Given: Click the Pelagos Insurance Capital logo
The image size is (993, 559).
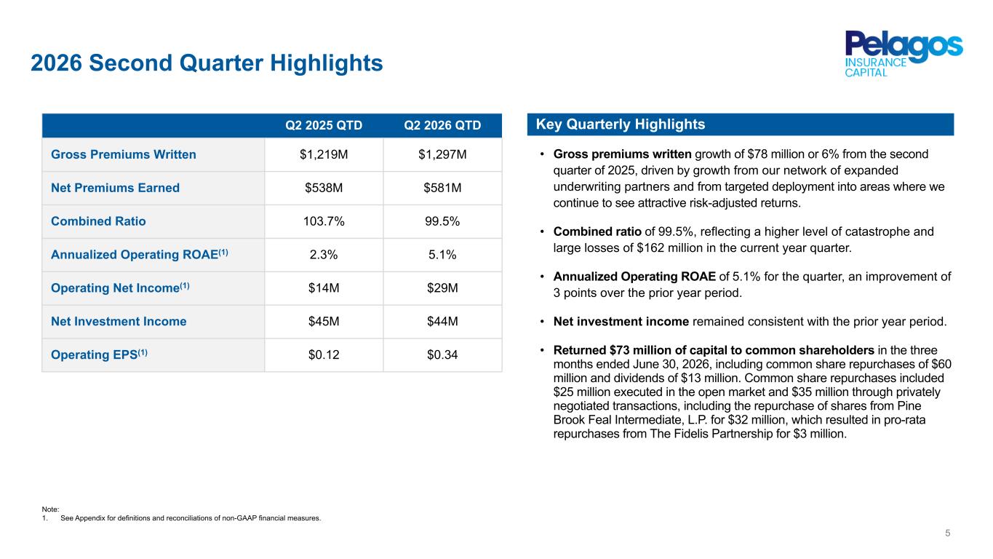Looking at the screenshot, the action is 904,54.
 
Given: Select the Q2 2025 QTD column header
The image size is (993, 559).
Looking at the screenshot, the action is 324,125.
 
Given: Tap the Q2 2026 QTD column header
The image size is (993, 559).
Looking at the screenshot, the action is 442,125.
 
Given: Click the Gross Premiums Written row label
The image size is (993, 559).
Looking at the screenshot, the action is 123,154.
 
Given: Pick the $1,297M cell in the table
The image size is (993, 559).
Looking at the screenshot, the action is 442,154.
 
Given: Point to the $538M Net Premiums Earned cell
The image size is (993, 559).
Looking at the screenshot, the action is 324,188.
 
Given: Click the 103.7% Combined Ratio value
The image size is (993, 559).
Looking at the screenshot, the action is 324,221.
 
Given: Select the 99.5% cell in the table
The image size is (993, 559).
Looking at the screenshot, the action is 442,221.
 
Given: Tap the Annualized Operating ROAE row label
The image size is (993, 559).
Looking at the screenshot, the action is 139,254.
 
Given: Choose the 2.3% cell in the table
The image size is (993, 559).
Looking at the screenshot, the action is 324,254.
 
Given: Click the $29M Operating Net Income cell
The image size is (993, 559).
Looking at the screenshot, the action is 442,288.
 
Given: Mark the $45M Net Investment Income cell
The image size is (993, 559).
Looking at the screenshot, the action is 324,321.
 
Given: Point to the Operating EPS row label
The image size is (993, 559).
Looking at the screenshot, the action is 99,354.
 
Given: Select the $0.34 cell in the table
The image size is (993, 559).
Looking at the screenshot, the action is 442,354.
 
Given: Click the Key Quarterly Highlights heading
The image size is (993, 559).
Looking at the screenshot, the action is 621,124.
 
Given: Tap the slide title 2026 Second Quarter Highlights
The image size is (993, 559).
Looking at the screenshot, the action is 207,63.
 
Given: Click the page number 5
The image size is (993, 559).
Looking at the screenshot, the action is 947,533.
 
